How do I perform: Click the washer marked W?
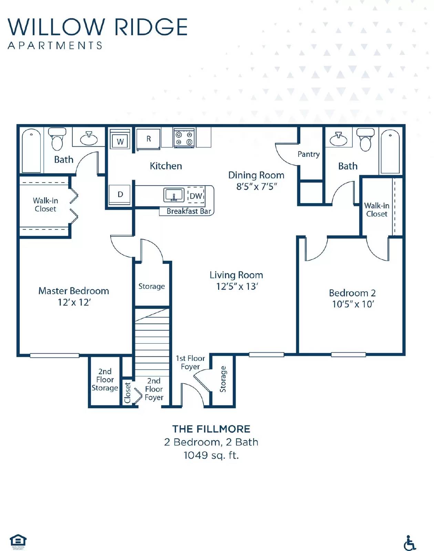point(120,141)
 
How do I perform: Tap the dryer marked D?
point(120,195)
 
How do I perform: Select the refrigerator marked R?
point(148,139)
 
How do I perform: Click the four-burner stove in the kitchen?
point(184,138)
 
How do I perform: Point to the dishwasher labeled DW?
point(196,196)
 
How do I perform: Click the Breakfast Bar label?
point(188,211)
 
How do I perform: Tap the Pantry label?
point(309,154)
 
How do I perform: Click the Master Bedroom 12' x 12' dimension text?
point(74,302)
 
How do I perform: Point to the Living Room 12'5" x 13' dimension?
point(237,287)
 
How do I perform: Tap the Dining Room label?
point(256,175)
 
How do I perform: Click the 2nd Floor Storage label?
point(105,380)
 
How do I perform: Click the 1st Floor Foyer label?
point(190,362)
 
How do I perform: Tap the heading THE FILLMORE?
point(211,429)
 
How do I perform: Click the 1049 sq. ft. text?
point(211,455)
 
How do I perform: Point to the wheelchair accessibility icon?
point(410,543)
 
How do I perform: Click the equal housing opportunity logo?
point(18,541)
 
